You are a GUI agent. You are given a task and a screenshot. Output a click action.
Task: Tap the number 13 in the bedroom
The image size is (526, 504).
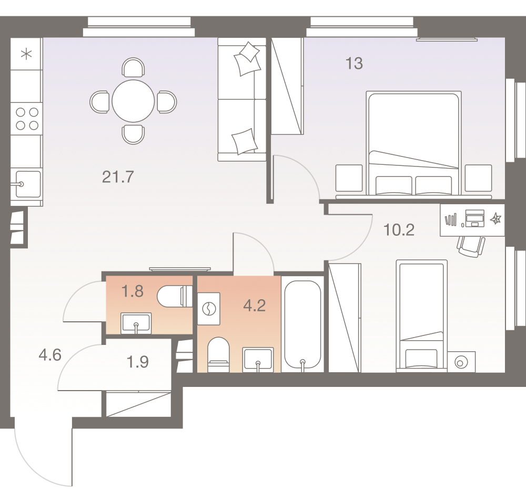[354, 64]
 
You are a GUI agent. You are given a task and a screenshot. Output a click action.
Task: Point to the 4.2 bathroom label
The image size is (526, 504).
[255, 306]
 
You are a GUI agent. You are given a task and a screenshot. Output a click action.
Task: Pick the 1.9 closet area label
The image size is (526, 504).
[138, 362]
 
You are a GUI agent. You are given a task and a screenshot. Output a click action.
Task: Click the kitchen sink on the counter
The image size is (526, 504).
[27, 184]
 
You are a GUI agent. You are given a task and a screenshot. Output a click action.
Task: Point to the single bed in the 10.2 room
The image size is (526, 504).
[421, 315]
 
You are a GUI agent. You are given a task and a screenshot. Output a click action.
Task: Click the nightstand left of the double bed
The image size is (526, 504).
[349, 178]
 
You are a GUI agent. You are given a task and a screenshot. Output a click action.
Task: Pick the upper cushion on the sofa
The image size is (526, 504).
[248, 59]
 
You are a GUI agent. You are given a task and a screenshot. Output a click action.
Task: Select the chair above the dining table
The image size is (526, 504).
[133, 68]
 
